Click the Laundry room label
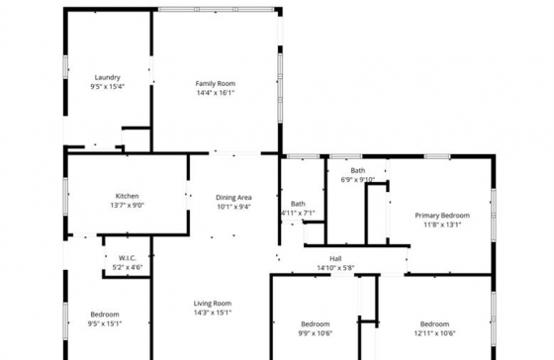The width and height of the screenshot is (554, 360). tap(108, 77)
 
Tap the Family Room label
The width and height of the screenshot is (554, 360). tap(216, 84)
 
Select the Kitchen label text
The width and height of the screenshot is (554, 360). tap(128, 196)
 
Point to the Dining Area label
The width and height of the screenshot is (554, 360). tap(233, 198)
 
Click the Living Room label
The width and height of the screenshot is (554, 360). tap(213, 303)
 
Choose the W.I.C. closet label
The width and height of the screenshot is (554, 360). tap(128, 258)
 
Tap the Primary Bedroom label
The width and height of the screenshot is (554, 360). tap(442, 216)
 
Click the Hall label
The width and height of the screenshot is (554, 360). tap(335, 258)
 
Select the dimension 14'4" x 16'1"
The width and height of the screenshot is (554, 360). tap(216, 93)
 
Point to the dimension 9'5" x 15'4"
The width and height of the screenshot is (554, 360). tap(108, 87)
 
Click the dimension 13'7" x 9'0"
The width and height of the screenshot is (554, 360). tap(128, 206)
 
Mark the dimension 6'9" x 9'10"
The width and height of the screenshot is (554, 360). tap(358, 179)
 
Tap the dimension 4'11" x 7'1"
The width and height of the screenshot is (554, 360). tap(298, 213)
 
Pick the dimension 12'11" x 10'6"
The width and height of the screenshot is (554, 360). tap(435, 333)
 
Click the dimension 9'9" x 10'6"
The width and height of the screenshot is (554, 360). tap(316, 333)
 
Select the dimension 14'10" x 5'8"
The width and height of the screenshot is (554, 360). tap(335, 268)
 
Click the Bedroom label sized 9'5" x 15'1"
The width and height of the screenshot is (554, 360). tap(105, 315)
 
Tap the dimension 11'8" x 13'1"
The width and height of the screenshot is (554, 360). tap(442, 225)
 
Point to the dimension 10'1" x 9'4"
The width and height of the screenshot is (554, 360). tap(233, 207)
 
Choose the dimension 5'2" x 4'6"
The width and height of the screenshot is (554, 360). tap(128, 267)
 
